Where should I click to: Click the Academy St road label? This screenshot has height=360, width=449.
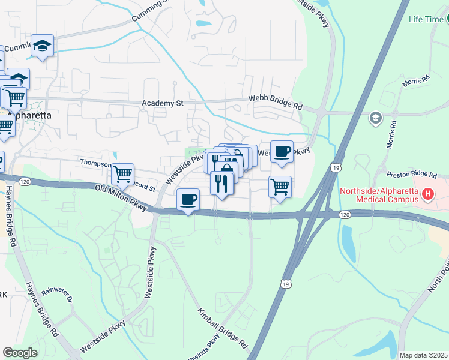(x=162, y=103)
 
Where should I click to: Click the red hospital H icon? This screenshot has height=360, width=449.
(x=427, y=194)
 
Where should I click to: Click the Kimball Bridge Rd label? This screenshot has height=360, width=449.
(x=223, y=329)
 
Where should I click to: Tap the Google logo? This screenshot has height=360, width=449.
(x=20, y=352)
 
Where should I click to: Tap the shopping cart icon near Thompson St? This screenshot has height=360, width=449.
(x=123, y=174)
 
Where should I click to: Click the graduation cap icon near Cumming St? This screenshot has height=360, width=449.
(x=43, y=46)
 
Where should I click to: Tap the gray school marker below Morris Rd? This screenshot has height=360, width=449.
(x=376, y=117)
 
